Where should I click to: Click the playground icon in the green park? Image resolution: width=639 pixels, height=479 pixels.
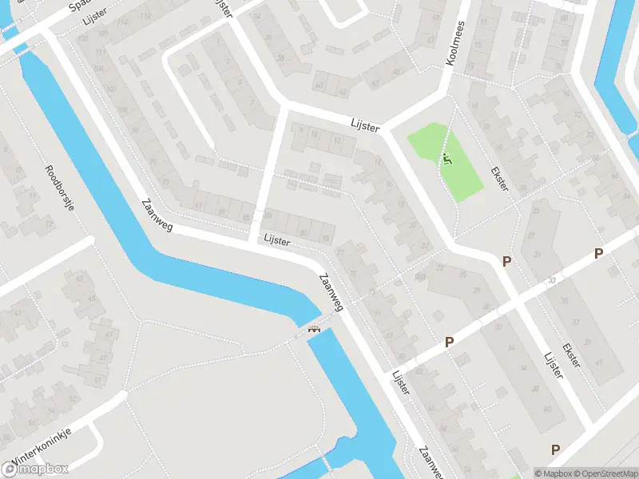coord(447,158)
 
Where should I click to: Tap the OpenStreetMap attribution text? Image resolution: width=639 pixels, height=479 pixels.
coord(605,473)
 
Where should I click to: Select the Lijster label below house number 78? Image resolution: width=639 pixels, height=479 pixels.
coord(277,239)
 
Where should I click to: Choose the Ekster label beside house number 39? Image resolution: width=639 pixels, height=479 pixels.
coord(572,356)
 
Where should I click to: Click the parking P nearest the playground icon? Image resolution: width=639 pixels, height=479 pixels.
coord(505,261)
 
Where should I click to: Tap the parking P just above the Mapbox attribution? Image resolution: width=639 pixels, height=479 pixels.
coord(555,449)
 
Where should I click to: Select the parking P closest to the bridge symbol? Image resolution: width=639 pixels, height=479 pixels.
coord(449,342)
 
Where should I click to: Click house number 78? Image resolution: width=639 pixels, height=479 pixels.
coord(324,238)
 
